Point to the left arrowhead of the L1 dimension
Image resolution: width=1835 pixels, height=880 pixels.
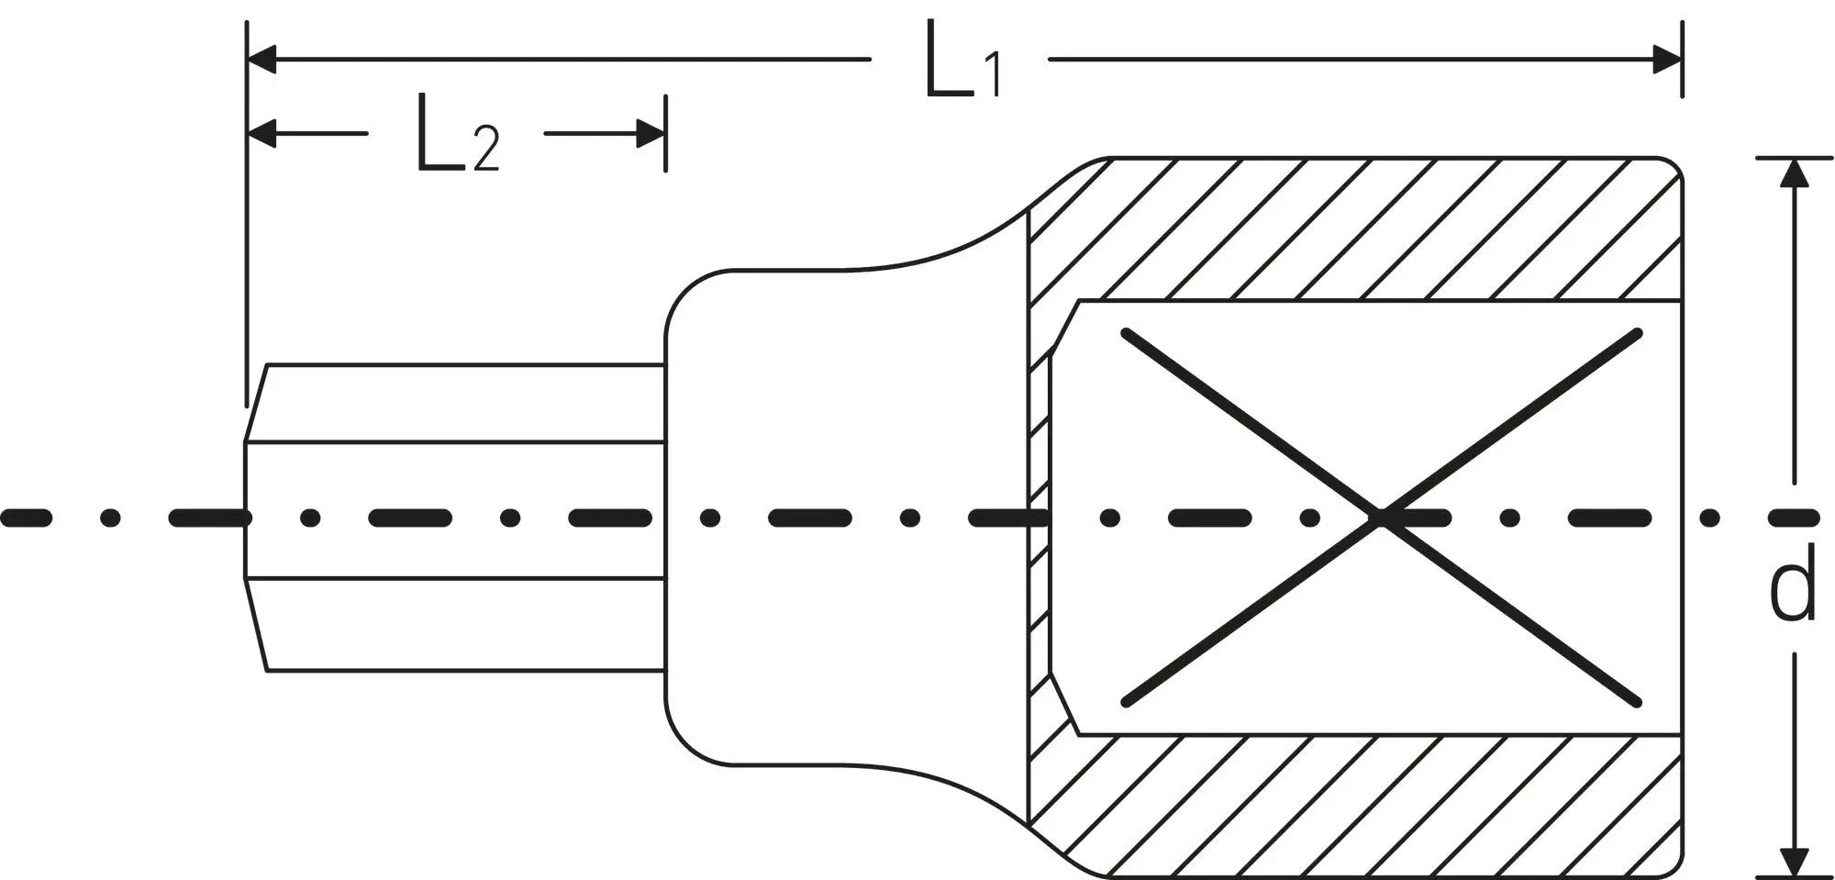coord(262,60)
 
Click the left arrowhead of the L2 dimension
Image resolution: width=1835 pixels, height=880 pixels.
coord(262,134)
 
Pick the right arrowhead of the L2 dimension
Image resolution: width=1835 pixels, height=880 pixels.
coord(651,134)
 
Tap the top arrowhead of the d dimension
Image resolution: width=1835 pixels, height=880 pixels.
coord(1796,173)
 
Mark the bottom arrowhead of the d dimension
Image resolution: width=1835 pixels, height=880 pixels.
coord(1796,862)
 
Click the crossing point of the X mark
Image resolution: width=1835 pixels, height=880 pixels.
coord(1381,518)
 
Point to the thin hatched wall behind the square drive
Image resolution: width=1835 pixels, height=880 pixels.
coord(1040,518)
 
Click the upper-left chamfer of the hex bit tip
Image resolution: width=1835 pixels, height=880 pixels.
coord(256,403)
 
